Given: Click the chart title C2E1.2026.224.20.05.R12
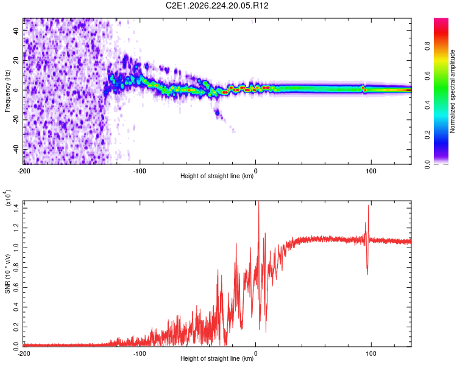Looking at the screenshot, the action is point(217,5).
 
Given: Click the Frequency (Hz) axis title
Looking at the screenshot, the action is point(7,91).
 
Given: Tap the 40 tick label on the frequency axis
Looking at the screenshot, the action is point(16,31).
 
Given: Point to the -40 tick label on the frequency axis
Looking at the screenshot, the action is point(16,150).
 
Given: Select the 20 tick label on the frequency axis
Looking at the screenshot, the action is point(16,61).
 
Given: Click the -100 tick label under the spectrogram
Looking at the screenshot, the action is point(140,171).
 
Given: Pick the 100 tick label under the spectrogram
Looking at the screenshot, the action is point(371,171).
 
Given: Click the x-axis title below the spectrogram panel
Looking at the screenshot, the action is point(217,176).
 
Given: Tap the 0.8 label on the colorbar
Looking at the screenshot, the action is point(427,46).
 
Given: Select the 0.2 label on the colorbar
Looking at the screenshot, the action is point(427,135).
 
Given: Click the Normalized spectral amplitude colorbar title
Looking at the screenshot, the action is point(452,91).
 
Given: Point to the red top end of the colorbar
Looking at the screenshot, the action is point(441,19).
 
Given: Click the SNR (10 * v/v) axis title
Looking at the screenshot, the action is point(7,274).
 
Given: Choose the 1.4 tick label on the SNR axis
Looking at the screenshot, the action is point(16,208).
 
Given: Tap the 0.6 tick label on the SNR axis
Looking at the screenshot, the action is point(16,287).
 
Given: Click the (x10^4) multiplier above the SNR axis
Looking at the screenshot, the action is point(8,198).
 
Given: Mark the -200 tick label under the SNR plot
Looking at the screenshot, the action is point(24,353).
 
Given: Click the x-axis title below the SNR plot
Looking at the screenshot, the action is point(217,358).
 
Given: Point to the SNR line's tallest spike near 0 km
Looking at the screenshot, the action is point(258,202).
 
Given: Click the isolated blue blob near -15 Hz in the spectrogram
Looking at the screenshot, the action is point(218,113).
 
